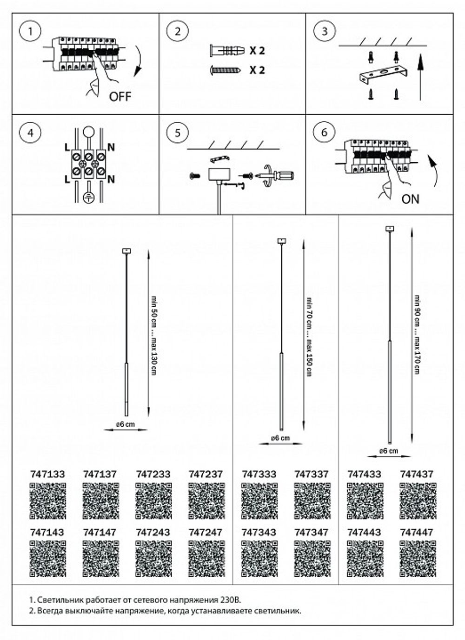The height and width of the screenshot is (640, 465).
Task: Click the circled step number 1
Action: point(30,32)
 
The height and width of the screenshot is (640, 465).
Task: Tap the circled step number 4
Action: point(30,132)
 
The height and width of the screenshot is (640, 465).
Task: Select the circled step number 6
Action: point(324,132)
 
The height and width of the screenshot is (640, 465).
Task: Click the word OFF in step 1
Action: point(120,97)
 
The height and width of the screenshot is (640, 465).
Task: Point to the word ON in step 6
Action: point(410,199)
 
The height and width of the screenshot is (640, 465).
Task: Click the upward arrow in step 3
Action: point(420,77)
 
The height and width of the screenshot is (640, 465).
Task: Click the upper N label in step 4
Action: point(111,147)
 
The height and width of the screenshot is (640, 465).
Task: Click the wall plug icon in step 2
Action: point(226,50)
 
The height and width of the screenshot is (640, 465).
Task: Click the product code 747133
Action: point(47,475)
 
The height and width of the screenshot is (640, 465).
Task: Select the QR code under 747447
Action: point(418,559)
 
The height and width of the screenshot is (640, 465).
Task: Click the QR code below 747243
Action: point(153,559)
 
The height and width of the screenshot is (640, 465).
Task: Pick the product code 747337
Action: point(312,475)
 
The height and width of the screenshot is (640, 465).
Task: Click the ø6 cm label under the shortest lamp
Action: point(125,424)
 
